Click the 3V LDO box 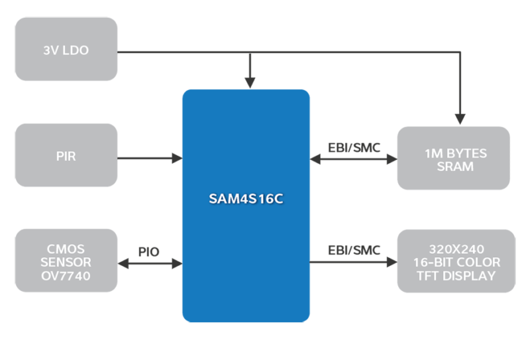click(x=66, y=49)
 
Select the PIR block click(x=66, y=158)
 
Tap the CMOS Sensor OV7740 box click(x=66, y=261)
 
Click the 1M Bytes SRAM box click(x=454, y=159)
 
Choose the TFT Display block click(x=456, y=261)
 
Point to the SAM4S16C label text click(x=246, y=198)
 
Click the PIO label click(x=149, y=251)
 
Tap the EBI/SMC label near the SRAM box click(x=354, y=147)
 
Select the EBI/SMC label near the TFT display click(x=354, y=250)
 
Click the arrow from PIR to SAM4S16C click(x=149, y=158)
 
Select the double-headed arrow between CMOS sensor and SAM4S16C click(x=149, y=264)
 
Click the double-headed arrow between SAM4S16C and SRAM click(x=354, y=159)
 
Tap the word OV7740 click(x=66, y=276)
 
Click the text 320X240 click(x=456, y=249)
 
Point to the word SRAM click(x=455, y=166)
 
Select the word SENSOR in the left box click(x=66, y=262)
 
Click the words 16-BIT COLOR click(x=456, y=262)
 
